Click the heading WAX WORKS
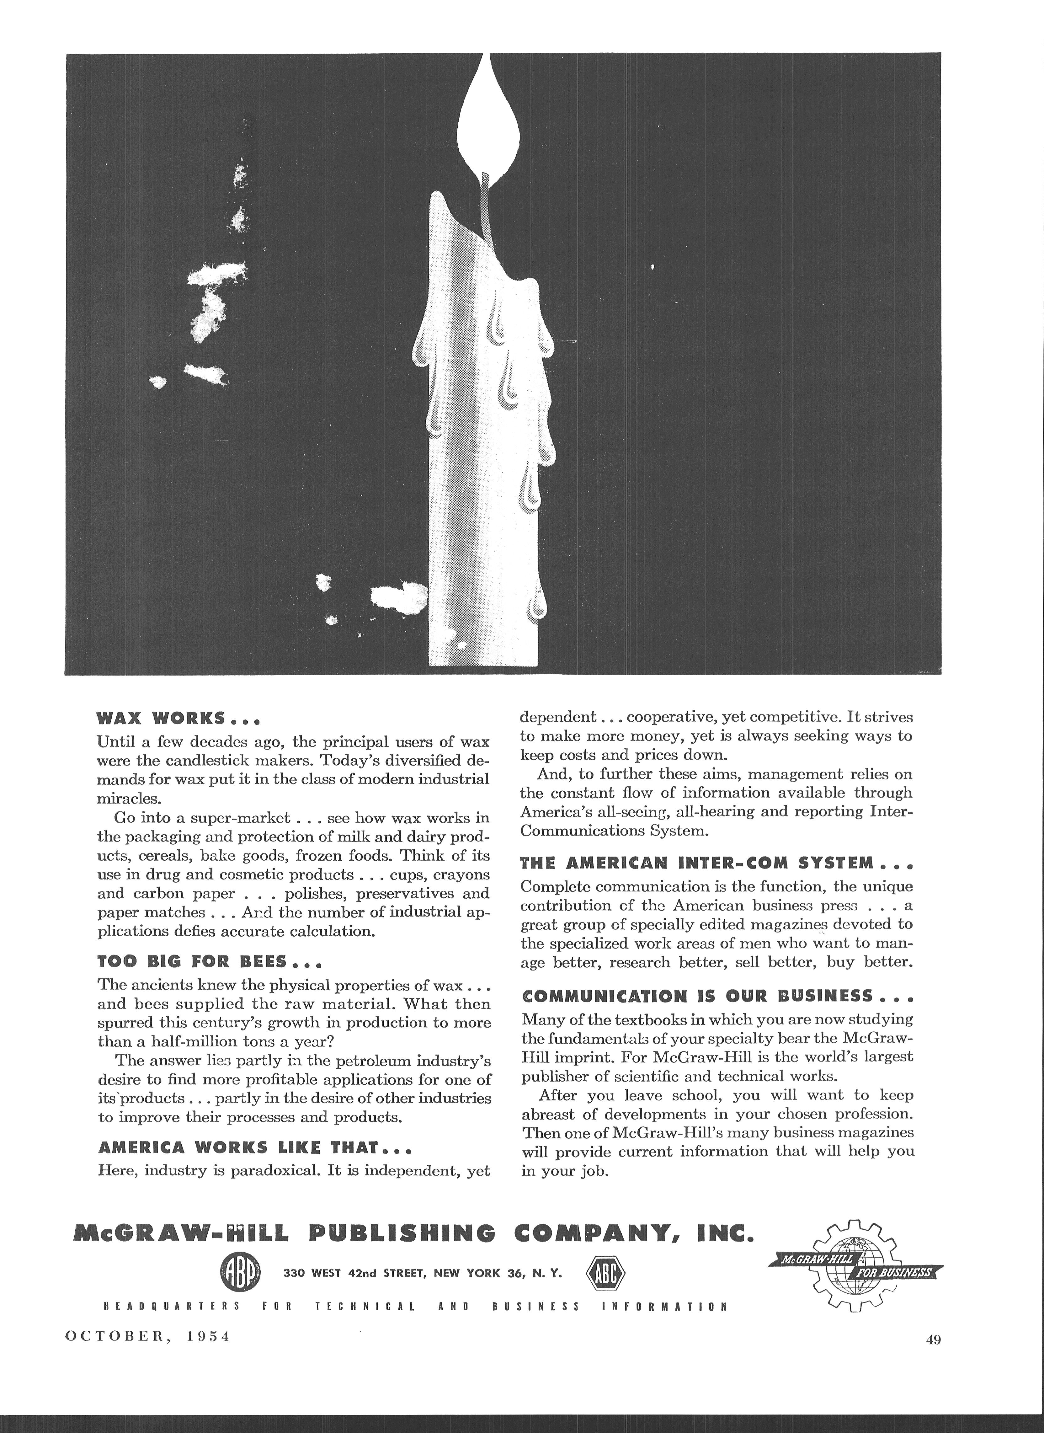click(x=179, y=719)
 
